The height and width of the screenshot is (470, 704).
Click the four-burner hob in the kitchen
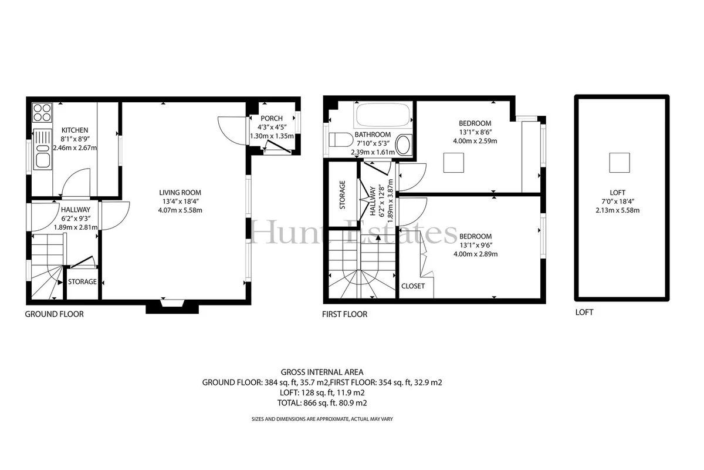42,113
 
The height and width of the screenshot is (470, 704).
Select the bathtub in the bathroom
383,115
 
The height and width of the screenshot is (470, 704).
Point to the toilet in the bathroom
341,139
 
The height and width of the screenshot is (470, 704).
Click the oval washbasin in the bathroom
404,145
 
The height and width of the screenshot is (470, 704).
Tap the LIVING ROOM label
180,193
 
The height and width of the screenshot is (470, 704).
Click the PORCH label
272,118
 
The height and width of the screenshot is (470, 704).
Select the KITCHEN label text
75,130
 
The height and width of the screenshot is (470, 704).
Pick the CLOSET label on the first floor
413,286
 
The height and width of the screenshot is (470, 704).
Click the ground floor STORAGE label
82,281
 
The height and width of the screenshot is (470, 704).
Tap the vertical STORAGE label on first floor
342,195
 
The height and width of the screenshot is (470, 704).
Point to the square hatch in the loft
620,162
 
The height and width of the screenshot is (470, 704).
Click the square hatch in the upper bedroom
453,162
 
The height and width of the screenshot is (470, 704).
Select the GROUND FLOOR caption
55,314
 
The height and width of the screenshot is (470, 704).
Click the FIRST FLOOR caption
345,314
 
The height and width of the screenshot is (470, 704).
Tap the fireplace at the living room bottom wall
172,306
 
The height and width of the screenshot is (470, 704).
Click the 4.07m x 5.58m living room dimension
180,210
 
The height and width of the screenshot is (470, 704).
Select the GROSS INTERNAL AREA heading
322,372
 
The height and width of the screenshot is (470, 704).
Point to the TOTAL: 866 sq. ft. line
322,403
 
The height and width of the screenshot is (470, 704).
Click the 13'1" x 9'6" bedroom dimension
476,245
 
